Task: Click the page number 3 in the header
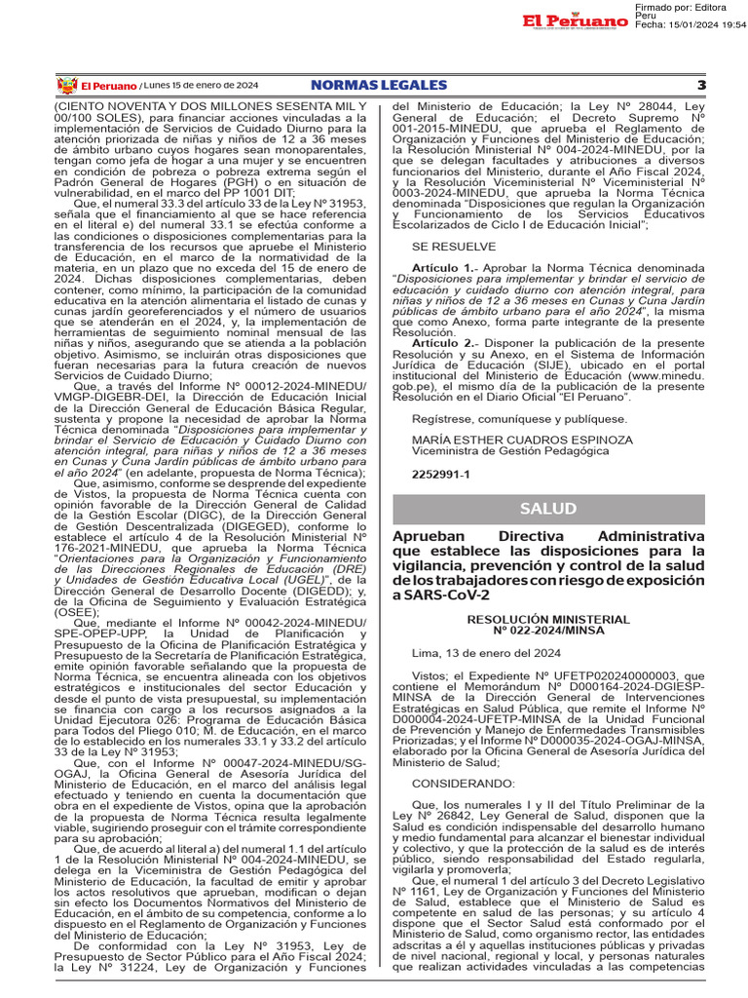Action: coord(700,86)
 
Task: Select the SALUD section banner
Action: coord(547,509)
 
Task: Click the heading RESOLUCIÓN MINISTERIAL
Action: coord(547,619)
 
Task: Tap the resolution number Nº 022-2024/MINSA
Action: coord(547,631)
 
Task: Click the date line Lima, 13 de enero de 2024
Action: coord(475,653)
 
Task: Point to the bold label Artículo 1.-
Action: coord(444,267)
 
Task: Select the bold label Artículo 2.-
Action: coord(444,343)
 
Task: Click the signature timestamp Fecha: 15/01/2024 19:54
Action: coord(690,24)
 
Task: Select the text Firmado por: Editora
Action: coord(683,7)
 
